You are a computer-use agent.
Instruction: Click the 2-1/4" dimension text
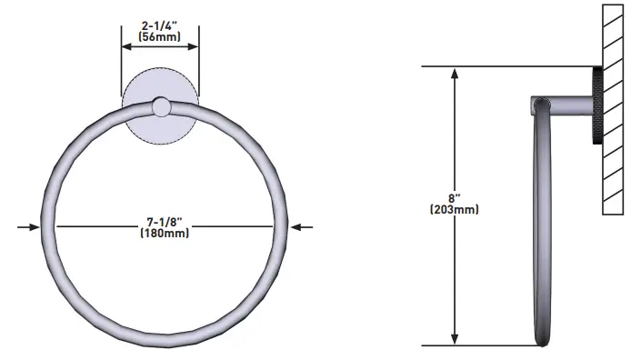tap(159, 25)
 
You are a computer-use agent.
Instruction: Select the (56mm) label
tap(159, 36)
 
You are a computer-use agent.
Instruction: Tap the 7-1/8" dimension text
tap(165, 222)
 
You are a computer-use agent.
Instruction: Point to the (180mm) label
tap(165, 233)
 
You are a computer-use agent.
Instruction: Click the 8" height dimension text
tap(455, 198)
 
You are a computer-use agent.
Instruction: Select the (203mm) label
tap(455, 209)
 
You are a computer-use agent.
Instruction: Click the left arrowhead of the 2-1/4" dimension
tap(126, 46)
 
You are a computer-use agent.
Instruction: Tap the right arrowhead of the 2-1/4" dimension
tap(193, 46)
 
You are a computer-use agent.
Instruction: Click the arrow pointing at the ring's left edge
tap(28, 227)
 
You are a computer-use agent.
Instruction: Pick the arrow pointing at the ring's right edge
tap(302, 227)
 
